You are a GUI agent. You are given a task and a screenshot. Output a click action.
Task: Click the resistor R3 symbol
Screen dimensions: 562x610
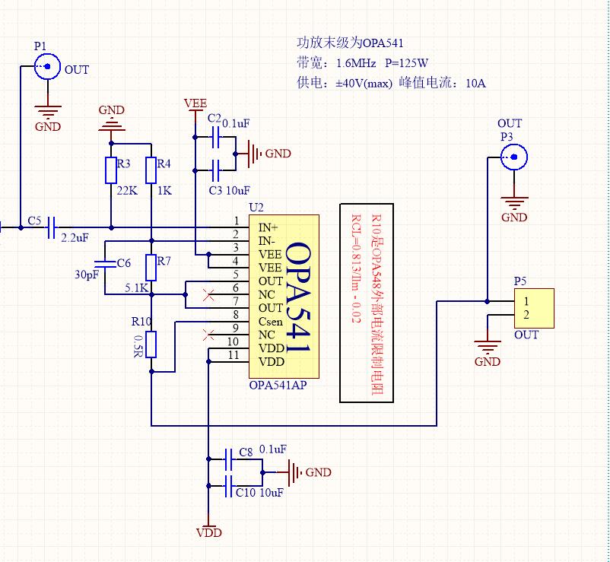pos(111,170)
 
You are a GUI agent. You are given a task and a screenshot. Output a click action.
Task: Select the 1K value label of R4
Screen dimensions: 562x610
pos(164,190)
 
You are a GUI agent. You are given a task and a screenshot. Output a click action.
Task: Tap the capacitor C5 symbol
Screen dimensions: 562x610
pos(51,227)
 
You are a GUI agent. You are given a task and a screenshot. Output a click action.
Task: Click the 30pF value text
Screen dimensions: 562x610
pos(87,275)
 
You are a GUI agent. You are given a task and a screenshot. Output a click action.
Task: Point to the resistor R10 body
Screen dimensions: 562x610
pos(151,345)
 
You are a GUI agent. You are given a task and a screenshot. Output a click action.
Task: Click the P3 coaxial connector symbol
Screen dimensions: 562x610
pos(515,158)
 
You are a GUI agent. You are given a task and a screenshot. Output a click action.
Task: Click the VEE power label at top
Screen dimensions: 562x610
pos(195,103)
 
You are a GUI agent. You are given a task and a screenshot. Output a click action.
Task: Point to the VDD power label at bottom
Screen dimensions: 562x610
pos(208,533)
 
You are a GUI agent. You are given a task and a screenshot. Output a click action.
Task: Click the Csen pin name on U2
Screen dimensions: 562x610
pos(271,321)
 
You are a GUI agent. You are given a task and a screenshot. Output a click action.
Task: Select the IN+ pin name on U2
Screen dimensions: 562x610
pos(268,227)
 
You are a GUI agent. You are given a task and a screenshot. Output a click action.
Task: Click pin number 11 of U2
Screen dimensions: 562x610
pos(234,355)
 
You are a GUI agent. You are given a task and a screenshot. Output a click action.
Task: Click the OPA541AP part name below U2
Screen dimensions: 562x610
pos(278,386)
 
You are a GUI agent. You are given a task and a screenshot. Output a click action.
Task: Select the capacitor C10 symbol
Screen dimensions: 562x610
pos(230,484)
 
